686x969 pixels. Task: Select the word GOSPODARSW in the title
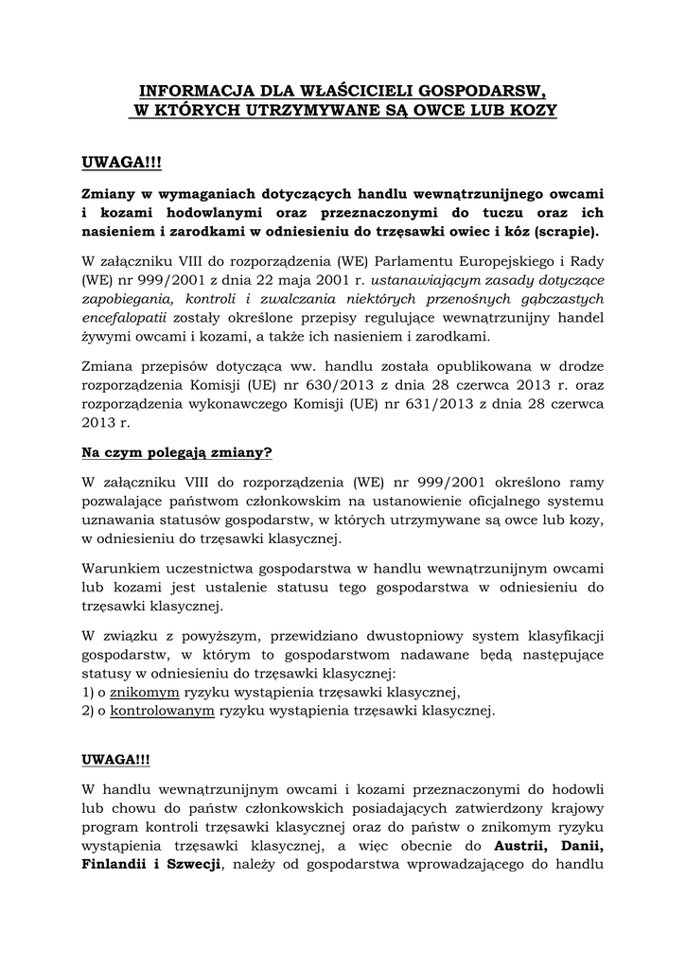[x=476, y=92]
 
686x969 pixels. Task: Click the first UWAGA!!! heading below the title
[x=122, y=165]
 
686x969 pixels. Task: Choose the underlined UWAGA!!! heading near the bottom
[x=115, y=760]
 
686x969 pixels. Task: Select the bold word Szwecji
[x=191, y=864]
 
